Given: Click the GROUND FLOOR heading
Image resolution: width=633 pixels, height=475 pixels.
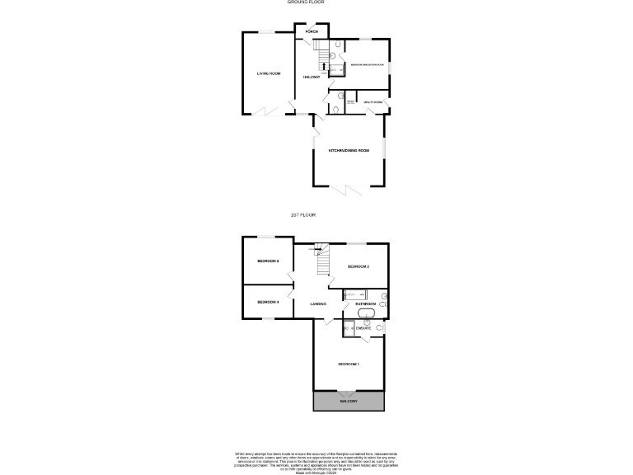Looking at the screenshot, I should tap(305, 2).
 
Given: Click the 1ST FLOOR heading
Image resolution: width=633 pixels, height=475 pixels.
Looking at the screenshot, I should tap(303, 214).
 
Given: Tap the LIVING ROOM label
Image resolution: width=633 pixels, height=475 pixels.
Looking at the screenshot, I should tap(269, 74).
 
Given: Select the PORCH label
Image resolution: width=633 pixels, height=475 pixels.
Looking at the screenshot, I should tap(312, 32).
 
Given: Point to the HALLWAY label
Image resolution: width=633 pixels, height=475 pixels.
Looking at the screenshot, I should tap(312, 77).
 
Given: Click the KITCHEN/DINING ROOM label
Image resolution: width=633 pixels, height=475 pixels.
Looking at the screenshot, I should tap(349, 151).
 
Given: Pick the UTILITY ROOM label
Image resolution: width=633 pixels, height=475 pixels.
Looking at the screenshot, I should tap(373, 102).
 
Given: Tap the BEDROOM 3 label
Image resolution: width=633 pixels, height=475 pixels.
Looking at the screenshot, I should tap(268, 261).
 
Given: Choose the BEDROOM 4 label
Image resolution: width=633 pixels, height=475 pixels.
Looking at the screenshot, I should tap(268, 302).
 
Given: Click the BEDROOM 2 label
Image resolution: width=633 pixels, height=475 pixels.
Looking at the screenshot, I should tap(358, 267).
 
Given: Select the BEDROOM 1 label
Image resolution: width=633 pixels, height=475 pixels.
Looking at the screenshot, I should tap(349, 364).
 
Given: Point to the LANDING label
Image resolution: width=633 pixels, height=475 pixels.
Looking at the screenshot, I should tap(318, 304).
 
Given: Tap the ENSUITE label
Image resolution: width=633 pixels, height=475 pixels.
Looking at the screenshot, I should tap(363, 328).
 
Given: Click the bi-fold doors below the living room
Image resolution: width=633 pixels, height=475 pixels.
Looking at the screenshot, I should tap(265, 111).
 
